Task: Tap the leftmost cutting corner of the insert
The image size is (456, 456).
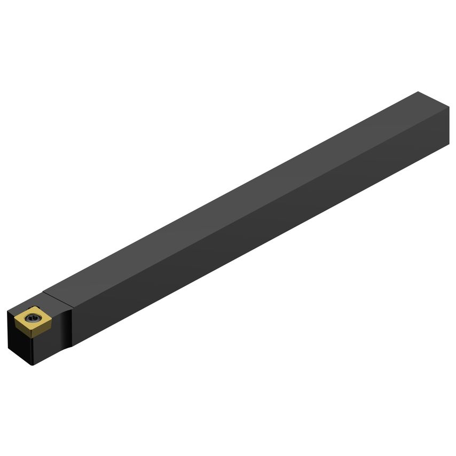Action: [15, 318]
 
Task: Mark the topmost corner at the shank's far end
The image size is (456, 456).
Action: [418, 92]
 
